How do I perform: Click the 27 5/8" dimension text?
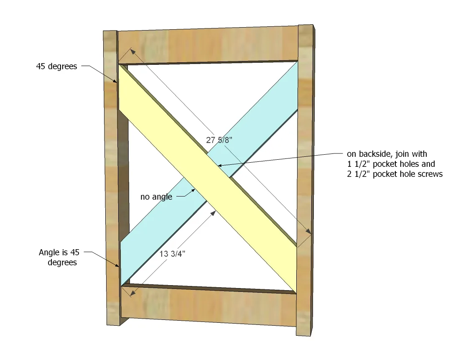point(219,140)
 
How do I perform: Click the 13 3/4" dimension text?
point(172,254)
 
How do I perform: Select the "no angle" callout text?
point(156,197)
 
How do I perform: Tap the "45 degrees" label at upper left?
point(57,66)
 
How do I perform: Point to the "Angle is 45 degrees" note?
point(59,258)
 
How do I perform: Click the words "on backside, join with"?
point(387,154)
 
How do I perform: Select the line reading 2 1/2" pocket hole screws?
point(394,174)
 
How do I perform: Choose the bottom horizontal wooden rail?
point(209,305)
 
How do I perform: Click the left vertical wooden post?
point(112,178)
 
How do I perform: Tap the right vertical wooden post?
point(305,180)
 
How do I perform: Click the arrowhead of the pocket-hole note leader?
point(221,166)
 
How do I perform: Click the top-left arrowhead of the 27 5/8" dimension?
point(133,52)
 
